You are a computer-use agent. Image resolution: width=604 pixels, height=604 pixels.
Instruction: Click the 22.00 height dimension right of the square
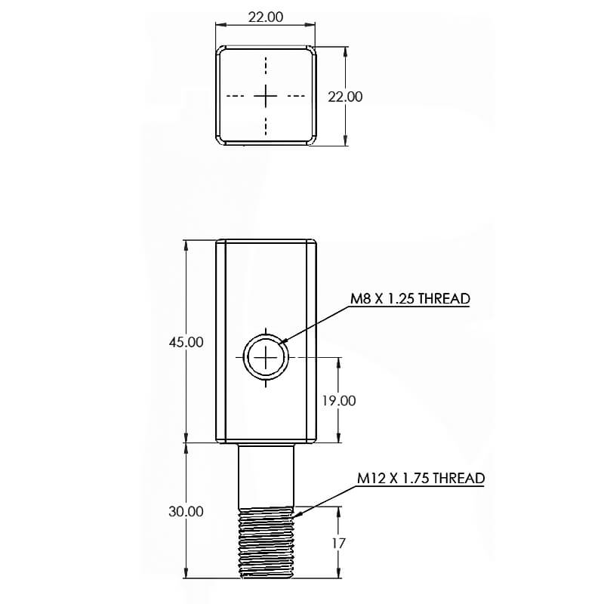point(345,97)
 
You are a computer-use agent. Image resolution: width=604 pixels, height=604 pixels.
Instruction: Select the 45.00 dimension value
point(186,341)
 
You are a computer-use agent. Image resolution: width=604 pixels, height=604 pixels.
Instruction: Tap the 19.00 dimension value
point(338,400)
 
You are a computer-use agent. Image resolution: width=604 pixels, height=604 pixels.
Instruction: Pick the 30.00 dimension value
point(186,511)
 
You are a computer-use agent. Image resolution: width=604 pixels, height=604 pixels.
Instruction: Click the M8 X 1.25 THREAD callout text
point(410,298)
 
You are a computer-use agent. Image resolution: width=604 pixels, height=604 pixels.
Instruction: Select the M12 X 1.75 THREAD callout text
point(421,478)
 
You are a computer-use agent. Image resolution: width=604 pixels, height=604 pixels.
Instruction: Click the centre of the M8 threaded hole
point(267,355)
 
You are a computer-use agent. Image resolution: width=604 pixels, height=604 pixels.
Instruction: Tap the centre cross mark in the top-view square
point(266,96)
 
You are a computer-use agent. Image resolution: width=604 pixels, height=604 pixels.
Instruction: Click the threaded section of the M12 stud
point(266,542)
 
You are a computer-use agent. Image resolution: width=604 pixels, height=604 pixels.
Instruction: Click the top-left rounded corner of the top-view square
point(221,51)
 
